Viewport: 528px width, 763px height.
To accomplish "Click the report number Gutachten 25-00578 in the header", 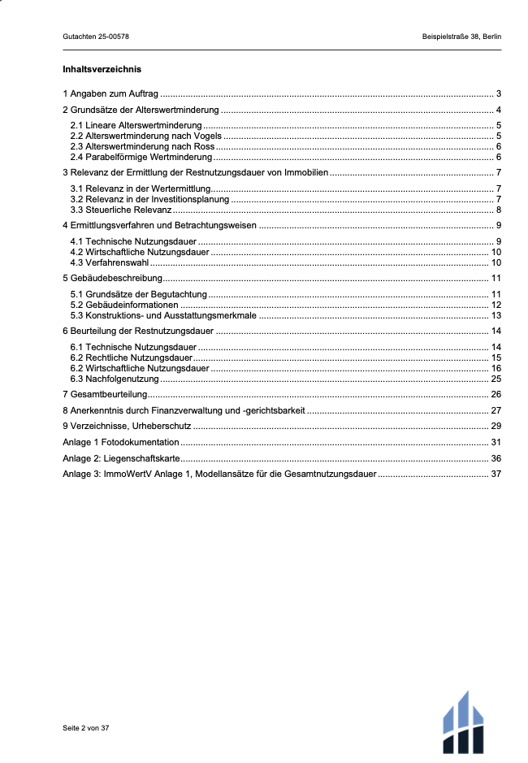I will (x=96, y=37).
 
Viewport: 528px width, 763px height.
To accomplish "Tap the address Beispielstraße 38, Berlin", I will (x=461, y=37).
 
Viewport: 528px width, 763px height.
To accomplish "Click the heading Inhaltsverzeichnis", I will (x=102, y=69).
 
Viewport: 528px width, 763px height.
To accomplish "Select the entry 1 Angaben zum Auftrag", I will (x=110, y=93).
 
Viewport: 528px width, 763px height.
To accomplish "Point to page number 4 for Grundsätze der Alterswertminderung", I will (x=498, y=110).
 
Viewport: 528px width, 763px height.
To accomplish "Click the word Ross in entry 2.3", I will (x=206, y=146).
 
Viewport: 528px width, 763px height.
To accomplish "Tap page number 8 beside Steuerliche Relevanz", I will (x=498, y=210).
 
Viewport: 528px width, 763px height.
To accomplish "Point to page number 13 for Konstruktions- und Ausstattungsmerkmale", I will (x=496, y=315).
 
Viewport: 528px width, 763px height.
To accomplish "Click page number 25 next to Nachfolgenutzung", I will (x=496, y=379).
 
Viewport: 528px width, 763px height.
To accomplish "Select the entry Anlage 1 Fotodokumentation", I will (x=120, y=442).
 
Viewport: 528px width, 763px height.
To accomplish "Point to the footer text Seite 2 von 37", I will (x=85, y=728).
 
